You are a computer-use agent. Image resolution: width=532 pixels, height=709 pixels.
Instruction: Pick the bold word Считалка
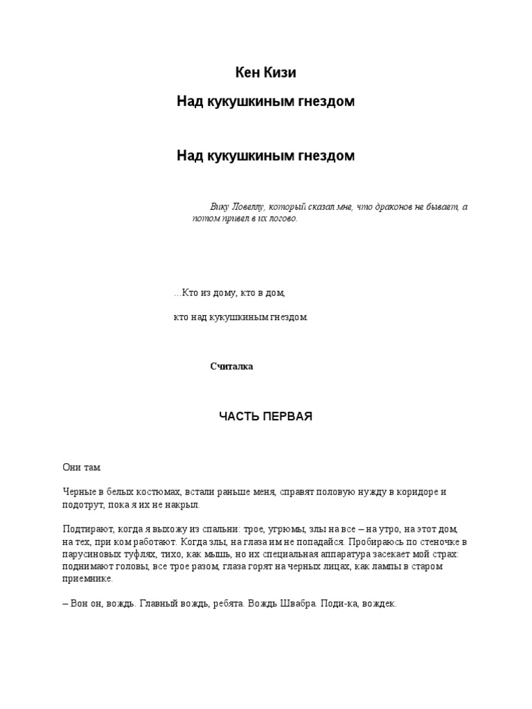[231, 366]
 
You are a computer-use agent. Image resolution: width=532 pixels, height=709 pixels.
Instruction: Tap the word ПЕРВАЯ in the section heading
[290, 417]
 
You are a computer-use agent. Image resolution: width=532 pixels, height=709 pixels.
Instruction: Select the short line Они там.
[82, 468]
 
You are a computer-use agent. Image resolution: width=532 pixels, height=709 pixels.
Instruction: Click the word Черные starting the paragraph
[78, 492]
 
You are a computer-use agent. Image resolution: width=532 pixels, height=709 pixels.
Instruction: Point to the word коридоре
[418, 492]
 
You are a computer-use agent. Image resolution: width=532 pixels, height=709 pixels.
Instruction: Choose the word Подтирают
[86, 529]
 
